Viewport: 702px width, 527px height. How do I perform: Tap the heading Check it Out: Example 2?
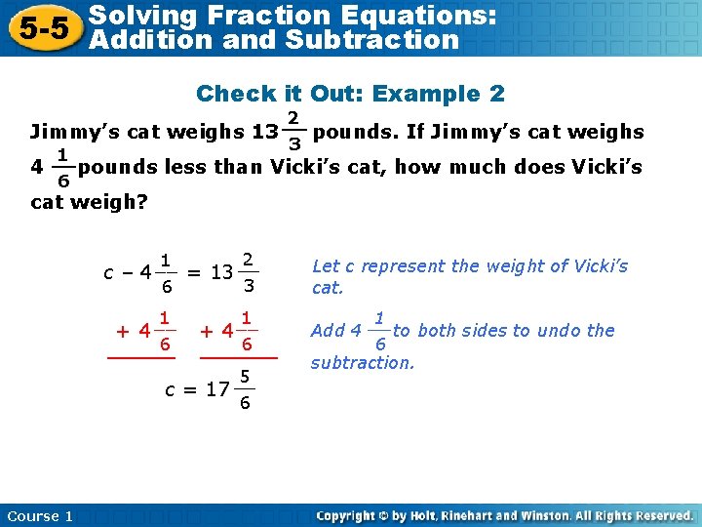pyautogui.click(x=350, y=94)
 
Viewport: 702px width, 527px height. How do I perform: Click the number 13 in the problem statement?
pyautogui.click(x=263, y=132)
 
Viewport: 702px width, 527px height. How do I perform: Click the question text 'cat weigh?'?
pyautogui.click(x=90, y=201)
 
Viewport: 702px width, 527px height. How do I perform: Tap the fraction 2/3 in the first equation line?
pyautogui.click(x=249, y=271)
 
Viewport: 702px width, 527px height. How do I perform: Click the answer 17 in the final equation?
pyautogui.click(x=215, y=389)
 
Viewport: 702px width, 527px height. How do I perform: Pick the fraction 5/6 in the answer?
pyautogui.click(x=246, y=389)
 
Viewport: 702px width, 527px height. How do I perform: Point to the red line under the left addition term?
pyautogui.click(x=134, y=359)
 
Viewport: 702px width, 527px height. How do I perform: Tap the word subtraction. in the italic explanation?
pyautogui.click(x=363, y=363)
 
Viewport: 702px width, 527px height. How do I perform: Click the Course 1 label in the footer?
pyautogui.click(x=40, y=515)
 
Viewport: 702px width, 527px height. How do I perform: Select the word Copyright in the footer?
pyautogui.click(x=349, y=515)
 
